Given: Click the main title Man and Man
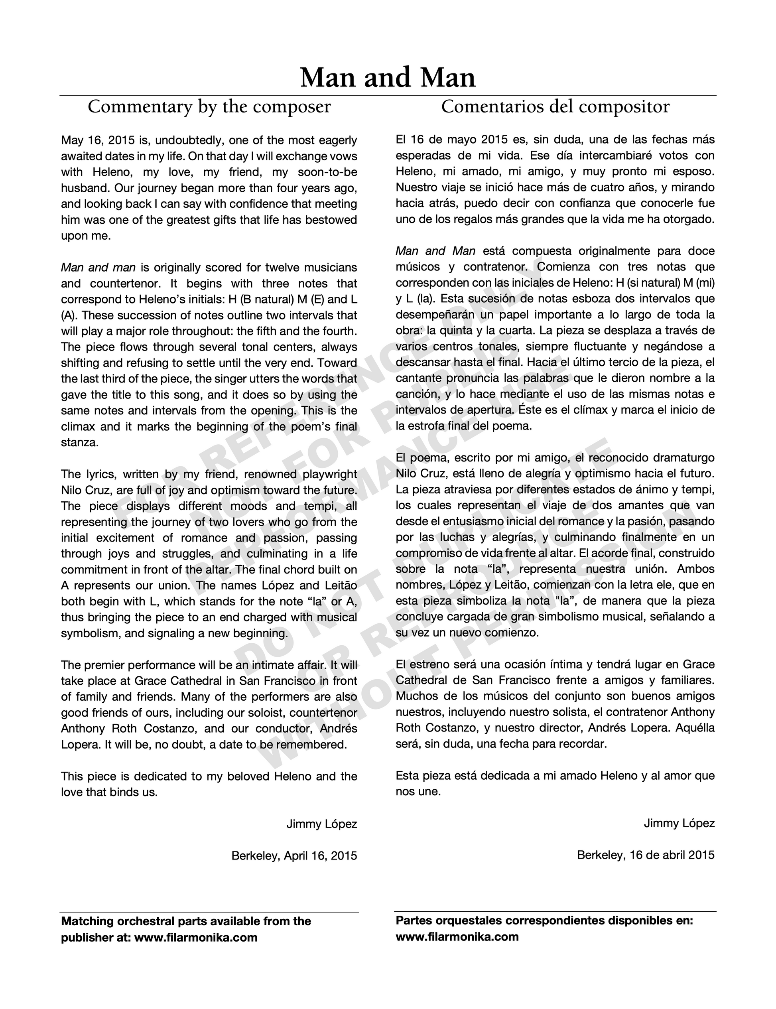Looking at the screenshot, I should coord(388,78).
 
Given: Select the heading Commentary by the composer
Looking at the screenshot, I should coord(209,107).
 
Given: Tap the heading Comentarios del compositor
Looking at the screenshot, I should coord(555,107).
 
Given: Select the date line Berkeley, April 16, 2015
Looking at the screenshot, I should coord(294,855).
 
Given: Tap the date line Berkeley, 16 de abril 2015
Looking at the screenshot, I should coord(645,855).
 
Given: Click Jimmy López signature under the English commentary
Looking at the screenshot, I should coord(321,824).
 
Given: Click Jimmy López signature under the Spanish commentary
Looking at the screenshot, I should coord(679,823).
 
